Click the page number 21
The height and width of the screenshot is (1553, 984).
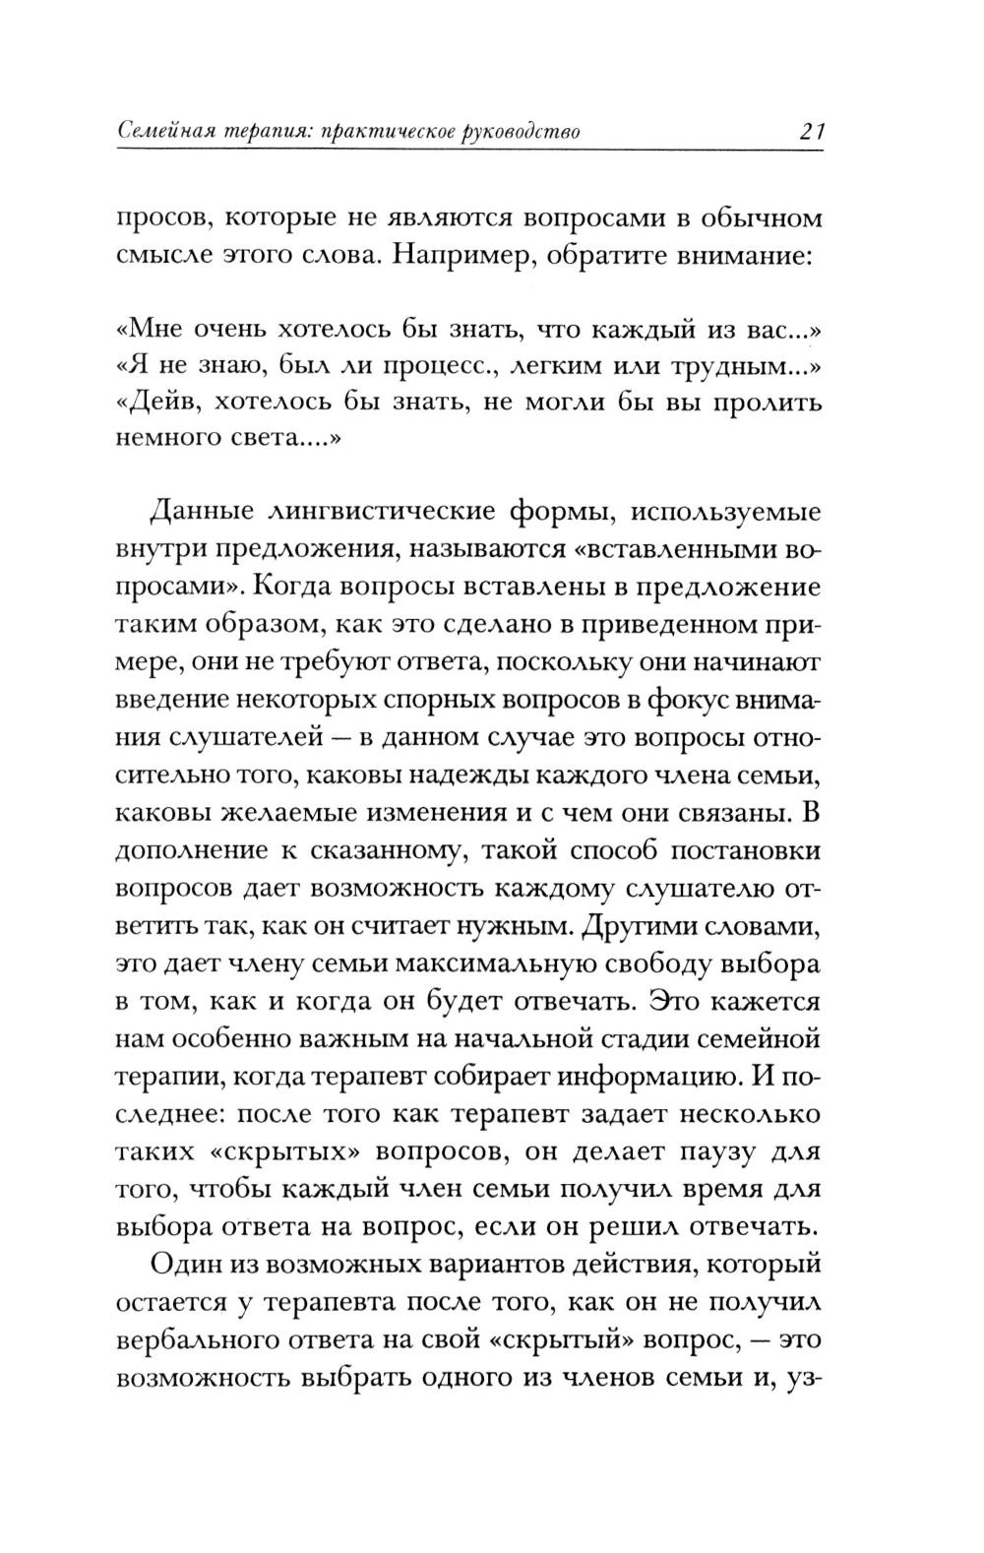(809, 131)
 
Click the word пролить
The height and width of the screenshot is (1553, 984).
(770, 403)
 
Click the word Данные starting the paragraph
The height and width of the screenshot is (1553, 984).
(197, 513)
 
